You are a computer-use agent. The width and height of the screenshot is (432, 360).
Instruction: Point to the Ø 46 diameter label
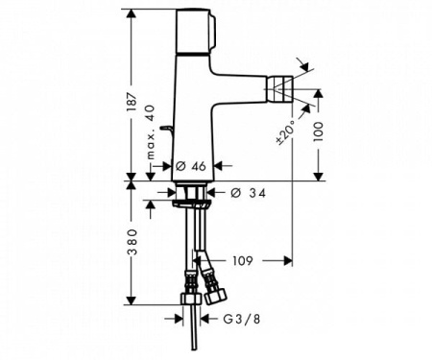[x=194, y=167]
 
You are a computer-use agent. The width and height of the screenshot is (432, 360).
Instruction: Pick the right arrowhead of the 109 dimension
[x=287, y=259]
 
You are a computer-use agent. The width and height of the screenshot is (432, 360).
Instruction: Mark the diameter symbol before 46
[x=180, y=167]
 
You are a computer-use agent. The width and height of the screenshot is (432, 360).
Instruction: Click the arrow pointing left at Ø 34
[x=218, y=193]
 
